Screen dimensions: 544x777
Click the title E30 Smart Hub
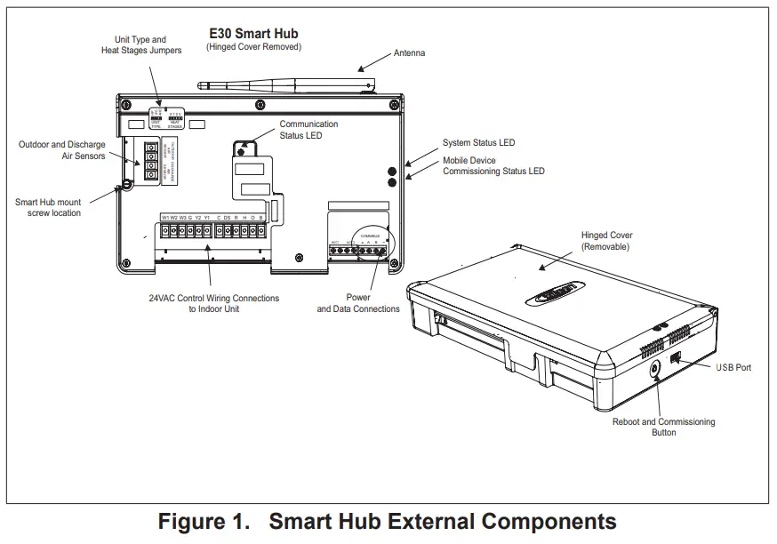[x=253, y=34]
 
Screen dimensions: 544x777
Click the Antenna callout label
[x=409, y=53]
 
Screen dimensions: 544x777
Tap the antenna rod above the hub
[x=284, y=86]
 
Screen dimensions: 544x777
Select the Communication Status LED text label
[x=308, y=130]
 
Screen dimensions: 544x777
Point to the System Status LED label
[x=478, y=143]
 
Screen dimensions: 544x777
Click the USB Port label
[x=733, y=367]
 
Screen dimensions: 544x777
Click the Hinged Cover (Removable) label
[x=607, y=241]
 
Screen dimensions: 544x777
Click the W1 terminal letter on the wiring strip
[x=165, y=218]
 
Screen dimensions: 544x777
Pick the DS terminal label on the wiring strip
[x=228, y=218]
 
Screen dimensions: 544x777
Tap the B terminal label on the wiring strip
[x=260, y=218]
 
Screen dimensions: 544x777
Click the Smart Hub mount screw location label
[x=48, y=207]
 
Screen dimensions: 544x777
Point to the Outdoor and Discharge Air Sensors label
[x=62, y=150]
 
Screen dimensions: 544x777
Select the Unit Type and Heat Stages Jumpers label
[x=141, y=45]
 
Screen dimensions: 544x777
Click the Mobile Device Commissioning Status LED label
[x=493, y=166]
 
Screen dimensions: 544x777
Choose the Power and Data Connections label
[x=358, y=303]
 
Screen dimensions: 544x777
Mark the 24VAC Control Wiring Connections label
[x=213, y=303]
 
